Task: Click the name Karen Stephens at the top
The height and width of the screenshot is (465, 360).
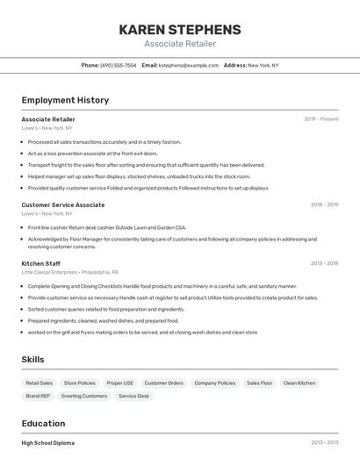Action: coord(179,29)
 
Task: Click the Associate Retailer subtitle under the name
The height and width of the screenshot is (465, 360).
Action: coord(179,44)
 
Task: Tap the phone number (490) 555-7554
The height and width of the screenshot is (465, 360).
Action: coord(118,65)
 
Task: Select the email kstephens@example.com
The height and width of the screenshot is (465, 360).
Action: coord(188,65)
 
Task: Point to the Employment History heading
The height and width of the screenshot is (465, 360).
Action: coord(65,100)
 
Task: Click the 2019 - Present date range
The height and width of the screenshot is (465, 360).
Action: coord(320,119)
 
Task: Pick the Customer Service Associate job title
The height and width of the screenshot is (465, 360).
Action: coord(63,204)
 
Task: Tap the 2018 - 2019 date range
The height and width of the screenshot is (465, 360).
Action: coord(324,204)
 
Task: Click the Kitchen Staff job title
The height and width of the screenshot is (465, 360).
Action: coord(41,263)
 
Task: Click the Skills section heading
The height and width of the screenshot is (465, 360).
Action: coord(33,360)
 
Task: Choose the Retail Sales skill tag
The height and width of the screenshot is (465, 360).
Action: coord(40,383)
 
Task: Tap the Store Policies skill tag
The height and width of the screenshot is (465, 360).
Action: coord(80,383)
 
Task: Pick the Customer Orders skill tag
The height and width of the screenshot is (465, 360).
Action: coord(164,383)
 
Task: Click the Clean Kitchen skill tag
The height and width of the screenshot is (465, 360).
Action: coord(300,383)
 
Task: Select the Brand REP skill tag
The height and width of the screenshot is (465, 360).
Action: coord(38,396)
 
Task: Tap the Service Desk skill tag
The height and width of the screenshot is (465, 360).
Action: coord(134,396)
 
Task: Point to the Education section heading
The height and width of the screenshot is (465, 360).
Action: coord(43,423)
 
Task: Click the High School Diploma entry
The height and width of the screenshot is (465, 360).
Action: coord(48,442)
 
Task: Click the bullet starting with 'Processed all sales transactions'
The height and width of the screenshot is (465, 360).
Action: coord(104,141)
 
